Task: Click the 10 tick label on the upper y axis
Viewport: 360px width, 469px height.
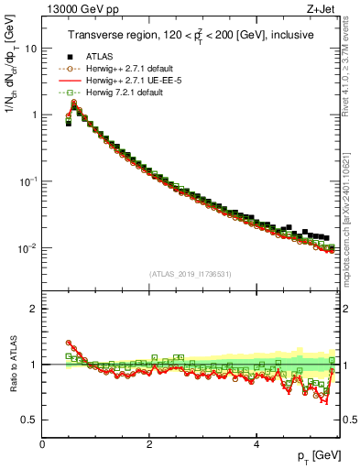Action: pos(30,49)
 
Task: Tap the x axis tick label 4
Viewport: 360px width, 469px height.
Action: pos(256,443)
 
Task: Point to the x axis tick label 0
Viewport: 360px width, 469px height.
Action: pos(43,443)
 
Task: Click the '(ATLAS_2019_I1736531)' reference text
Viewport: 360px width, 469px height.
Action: pos(190,274)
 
